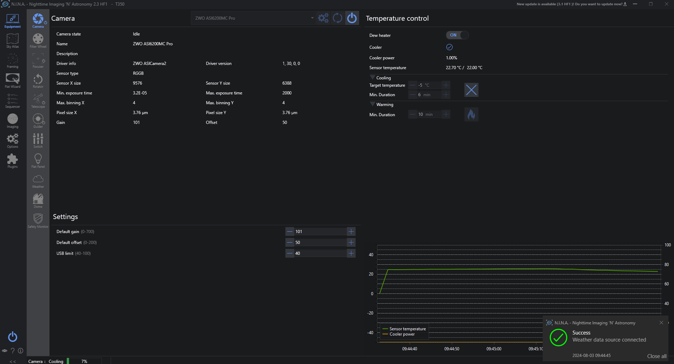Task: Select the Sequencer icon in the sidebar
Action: [x=13, y=100]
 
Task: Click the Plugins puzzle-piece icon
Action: [x=13, y=160]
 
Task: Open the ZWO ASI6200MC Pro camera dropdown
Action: [x=254, y=18]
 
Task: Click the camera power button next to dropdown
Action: [x=352, y=18]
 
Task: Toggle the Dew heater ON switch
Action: [x=457, y=35]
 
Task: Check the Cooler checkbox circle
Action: [x=449, y=47]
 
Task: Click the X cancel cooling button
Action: [x=471, y=90]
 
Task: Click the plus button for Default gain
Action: [x=351, y=232]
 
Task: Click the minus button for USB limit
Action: [x=290, y=253]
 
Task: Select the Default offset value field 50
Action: [x=319, y=243]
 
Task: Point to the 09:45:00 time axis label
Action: [x=494, y=349]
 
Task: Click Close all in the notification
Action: [x=656, y=356]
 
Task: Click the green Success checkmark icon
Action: [x=558, y=338]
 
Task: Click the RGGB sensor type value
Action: [x=138, y=73]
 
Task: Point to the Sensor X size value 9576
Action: [x=138, y=83]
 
